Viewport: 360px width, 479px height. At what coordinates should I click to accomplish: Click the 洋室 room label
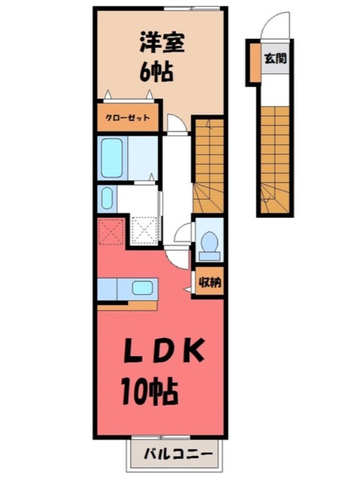(162, 44)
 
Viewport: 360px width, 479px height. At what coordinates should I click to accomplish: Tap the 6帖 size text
(157, 72)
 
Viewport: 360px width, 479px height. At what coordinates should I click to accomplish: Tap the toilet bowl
(209, 242)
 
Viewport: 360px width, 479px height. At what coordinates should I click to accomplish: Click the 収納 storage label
(209, 281)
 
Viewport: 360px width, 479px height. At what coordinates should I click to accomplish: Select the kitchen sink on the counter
(142, 287)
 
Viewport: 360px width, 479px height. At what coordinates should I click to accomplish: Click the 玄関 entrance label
(276, 59)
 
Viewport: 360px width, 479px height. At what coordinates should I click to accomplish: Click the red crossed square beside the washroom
(112, 232)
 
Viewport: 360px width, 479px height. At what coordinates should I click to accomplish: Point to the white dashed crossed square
(144, 231)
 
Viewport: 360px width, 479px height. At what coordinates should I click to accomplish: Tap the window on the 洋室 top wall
(192, 8)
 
